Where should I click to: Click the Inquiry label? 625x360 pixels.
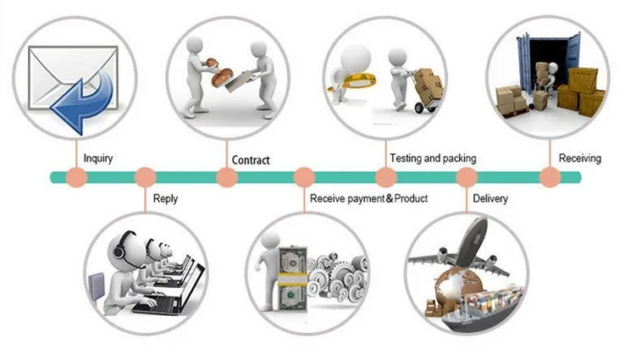click(98, 158)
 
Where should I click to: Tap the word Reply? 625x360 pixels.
click(165, 198)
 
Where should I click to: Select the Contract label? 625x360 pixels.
click(251, 160)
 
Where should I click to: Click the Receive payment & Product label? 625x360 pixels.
click(368, 198)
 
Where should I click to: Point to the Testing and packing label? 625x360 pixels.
click(433, 158)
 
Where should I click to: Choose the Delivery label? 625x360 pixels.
click(490, 198)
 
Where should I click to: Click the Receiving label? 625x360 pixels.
click(580, 158)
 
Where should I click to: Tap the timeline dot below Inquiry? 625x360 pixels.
click(76, 177)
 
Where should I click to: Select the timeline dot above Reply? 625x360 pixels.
click(146, 177)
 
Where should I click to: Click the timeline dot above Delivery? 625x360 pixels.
click(467, 177)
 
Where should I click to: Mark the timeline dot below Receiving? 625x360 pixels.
click(550, 177)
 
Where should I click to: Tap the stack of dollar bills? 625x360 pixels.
click(292, 280)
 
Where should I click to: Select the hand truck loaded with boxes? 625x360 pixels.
click(427, 91)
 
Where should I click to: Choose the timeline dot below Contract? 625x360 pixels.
click(227, 177)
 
